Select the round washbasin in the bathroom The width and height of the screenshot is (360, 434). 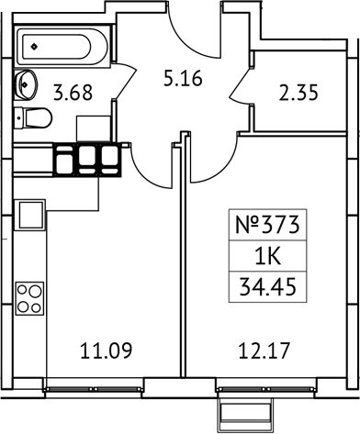[24, 83]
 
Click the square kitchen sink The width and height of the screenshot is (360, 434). [28, 218]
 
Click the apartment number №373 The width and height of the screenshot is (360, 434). [268, 222]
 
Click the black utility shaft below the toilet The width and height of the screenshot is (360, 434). [87, 160]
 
